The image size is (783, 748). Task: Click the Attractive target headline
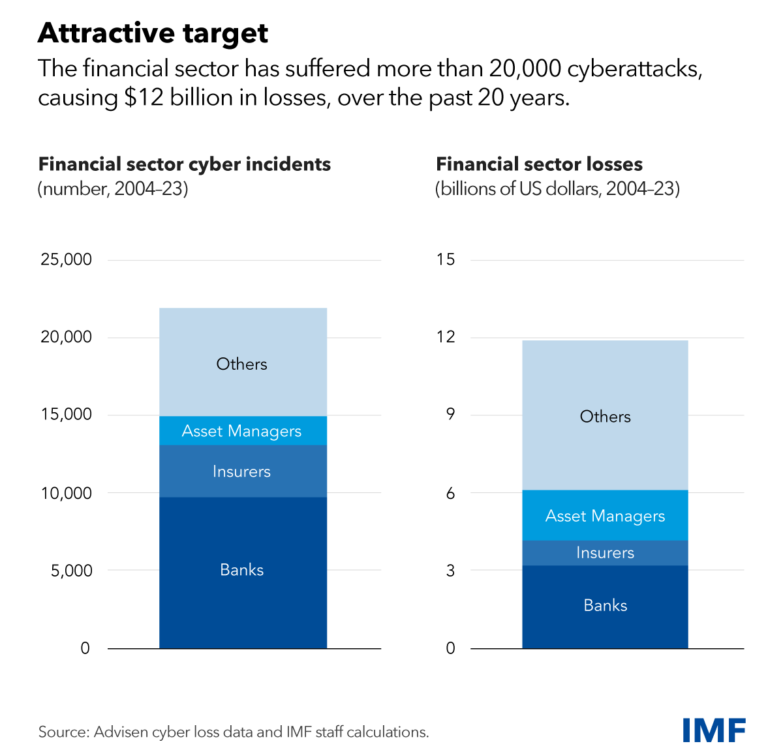click(x=153, y=33)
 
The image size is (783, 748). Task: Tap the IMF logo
click(x=714, y=730)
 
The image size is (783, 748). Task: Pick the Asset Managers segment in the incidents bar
click(x=243, y=431)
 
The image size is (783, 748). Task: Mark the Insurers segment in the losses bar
click(x=605, y=553)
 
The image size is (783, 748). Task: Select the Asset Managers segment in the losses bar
click(x=605, y=516)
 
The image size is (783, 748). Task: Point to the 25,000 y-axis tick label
click(x=66, y=260)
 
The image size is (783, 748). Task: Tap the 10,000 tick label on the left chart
click(x=66, y=493)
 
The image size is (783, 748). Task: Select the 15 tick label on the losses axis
click(x=446, y=260)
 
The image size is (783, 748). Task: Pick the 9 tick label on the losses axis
click(x=450, y=415)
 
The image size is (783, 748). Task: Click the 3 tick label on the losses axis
click(x=450, y=571)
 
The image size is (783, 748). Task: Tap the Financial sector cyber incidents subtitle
click(x=185, y=164)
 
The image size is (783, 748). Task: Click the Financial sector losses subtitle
click(x=539, y=164)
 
